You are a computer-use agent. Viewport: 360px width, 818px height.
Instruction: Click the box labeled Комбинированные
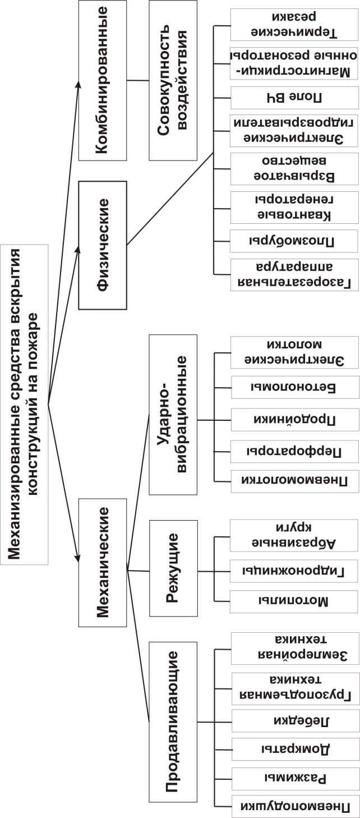[103, 80]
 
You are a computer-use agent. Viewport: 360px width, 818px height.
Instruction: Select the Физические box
[103, 245]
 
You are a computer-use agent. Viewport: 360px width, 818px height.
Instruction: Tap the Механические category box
[103, 563]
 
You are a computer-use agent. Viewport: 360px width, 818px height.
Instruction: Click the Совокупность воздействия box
[173, 80]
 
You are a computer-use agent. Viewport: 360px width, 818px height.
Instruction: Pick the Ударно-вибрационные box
[173, 415]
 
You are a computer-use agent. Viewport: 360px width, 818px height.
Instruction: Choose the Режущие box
[173, 568]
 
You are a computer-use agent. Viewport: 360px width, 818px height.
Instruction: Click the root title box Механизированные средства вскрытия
[24, 405]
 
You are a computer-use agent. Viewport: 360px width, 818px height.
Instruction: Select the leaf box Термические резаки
[294, 25]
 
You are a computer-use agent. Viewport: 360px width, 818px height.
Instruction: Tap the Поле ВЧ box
[294, 98]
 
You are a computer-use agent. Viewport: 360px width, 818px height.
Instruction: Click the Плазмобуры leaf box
[294, 241]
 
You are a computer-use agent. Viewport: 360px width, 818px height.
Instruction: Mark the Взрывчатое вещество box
[294, 169]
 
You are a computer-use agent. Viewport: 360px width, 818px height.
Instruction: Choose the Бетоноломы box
[295, 387]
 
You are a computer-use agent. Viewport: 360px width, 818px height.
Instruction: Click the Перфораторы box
[295, 452]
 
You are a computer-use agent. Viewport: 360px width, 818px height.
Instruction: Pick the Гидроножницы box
[294, 571]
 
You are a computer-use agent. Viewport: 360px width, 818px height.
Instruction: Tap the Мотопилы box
[294, 601]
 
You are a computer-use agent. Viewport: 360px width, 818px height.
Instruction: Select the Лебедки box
[296, 721]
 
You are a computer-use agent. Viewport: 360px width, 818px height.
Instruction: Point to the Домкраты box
[296, 749]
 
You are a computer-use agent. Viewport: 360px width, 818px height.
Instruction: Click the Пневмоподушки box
[296, 806]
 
